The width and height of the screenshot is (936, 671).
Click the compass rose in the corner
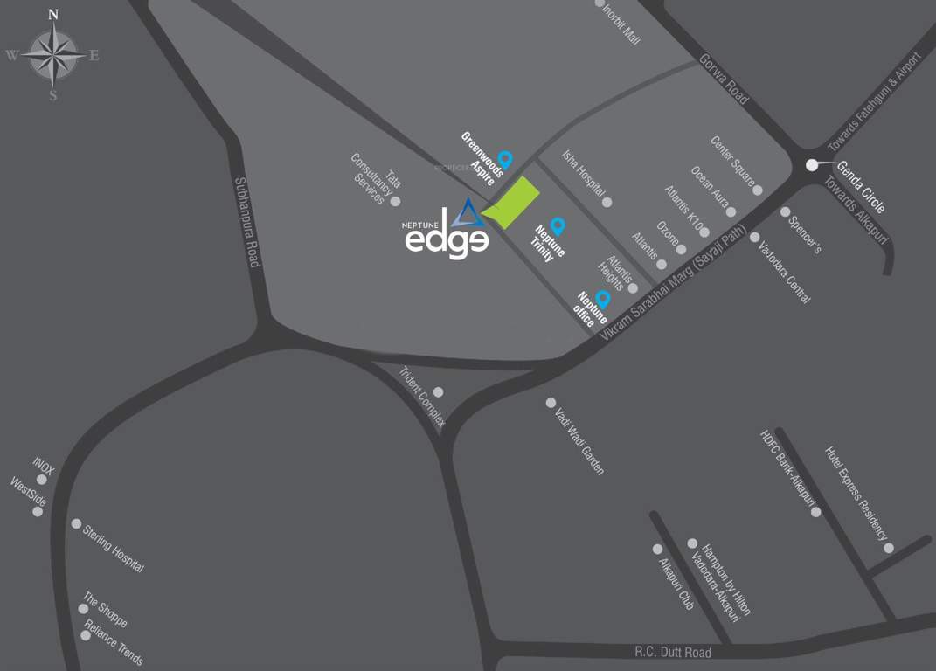[52, 54]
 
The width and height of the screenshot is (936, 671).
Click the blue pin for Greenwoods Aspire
[504, 159]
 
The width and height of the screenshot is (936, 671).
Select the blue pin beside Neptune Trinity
[558, 226]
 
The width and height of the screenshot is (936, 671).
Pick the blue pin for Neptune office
[602, 298]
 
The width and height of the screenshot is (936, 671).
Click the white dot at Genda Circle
[812, 164]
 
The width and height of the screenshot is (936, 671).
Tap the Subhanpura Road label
[247, 222]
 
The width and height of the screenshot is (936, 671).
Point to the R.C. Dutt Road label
[672, 653]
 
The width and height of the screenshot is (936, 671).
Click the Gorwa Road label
[724, 80]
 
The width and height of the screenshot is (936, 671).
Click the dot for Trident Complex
[438, 392]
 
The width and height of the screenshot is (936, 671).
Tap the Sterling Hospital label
[113, 549]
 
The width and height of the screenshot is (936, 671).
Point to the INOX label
[44, 466]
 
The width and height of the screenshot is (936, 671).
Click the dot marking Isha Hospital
[607, 202]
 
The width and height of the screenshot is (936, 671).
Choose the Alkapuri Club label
[676, 583]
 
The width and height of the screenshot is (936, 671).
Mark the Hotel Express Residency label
[856, 494]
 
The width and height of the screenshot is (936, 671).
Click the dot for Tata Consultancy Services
[395, 201]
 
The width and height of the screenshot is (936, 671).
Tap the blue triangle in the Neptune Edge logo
[468, 213]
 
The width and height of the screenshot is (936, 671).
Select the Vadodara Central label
[785, 273]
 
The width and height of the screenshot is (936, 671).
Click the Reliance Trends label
[114, 646]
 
